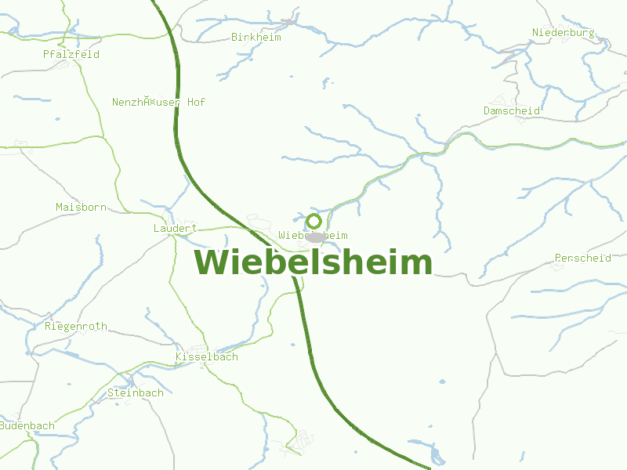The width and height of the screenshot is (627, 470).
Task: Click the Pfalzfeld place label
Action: click(x=71, y=55)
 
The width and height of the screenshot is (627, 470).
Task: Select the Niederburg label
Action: click(x=563, y=32)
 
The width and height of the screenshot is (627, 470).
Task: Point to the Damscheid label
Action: click(x=511, y=110)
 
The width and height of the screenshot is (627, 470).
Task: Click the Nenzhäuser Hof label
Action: click(x=158, y=102)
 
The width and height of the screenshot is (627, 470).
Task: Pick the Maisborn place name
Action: click(x=81, y=207)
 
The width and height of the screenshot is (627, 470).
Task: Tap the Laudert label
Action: click(x=175, y=228)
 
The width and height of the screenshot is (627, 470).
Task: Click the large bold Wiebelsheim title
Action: click(x=313, y=262)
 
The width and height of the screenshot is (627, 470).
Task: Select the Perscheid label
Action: click(x=582, y=258)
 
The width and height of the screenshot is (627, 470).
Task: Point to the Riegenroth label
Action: click(x=76, y=326)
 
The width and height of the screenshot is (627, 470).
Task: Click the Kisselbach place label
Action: click(x=206, y=356)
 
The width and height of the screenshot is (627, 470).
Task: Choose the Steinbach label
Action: click(x=136, y=392)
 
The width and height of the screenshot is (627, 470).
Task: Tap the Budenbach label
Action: click(x=27, y=425)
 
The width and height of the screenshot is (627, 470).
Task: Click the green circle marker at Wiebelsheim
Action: click(x=314, y=221)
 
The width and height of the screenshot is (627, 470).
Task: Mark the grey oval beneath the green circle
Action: click(x=315, y=237)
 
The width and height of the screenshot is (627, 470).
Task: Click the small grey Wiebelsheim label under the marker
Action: click(x=313, y=235)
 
